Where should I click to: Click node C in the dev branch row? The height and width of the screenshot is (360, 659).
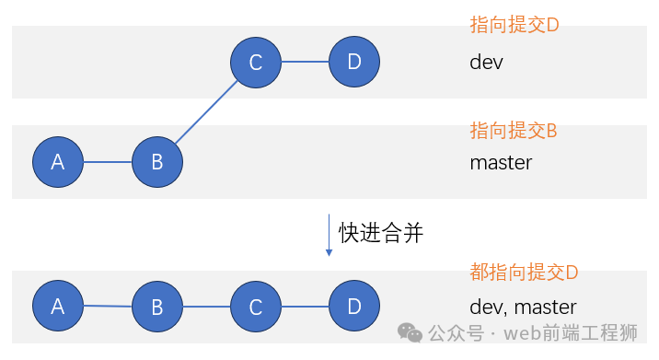pyautogui.click(x=256, y=63)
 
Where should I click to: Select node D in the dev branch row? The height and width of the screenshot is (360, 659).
pyautogui.click(x=354, y=63)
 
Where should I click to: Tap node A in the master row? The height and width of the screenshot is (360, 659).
pyautogui.click(x=58, y=162)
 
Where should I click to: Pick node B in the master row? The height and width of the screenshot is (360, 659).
pyautogui.click(x=157, y=162)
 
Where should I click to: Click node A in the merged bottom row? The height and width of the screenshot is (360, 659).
pyautogui.click(x=58, y=307)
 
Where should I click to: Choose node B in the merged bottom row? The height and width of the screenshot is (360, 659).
pyautogui.click(x=157, y=307)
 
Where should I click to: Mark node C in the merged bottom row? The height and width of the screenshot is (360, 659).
pyautogui.click(x=256, y=307)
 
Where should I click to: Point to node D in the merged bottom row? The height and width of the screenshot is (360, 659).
pyautogui.click(x=354, y=307)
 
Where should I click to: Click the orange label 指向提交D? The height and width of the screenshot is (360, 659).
pyautogui.click(x=514, y=25)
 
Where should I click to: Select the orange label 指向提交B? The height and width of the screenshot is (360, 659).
pyautogui.click(x=514, y=130)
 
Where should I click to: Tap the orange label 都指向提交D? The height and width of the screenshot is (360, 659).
pyautogui.click(x=524, y=273)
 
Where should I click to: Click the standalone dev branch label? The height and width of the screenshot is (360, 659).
pyautogui.click(x=487, y=63)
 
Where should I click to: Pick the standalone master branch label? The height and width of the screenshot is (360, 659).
pyautogui.click(x=501, y=163)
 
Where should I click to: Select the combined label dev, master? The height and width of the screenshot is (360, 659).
pyautogui.click(x=523, y=308)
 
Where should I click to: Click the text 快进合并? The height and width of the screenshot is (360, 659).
pyautogui.click(x=381, y=233)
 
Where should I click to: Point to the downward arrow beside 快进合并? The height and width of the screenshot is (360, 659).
pyautogui.click(x=329, y=236)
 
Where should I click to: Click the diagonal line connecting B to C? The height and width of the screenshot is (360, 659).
pyautogui.click(x=207, y=112)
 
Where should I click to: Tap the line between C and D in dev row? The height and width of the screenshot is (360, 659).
pyautogui.click(x=305, y=63)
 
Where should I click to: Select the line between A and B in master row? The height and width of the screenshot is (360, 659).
pyautogui.click(x=108, y=162)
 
